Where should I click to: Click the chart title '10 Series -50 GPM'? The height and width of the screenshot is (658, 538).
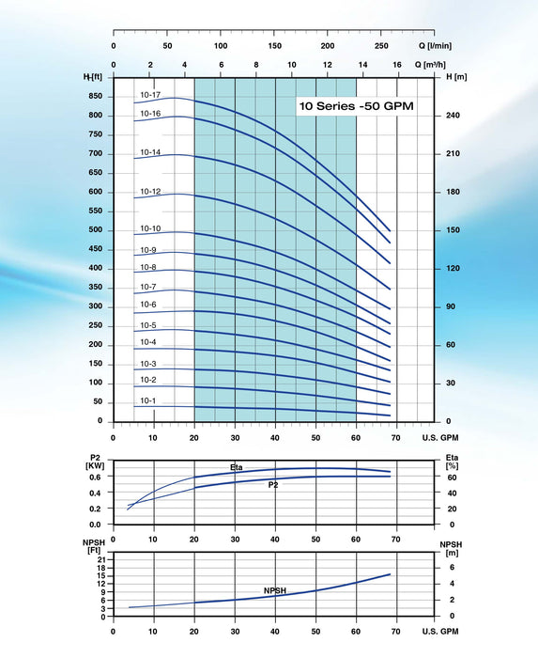(x=356, y=107)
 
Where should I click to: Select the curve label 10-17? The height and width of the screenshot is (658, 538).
(x=150, y=95)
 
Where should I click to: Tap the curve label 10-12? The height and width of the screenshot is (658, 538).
(x=150, y=192)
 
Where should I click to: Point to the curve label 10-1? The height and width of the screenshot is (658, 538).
(x=148, y=401)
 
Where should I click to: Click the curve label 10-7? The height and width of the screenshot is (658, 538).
(x=148, y=287)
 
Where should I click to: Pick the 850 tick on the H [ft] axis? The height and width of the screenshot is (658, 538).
(x=97, y=96)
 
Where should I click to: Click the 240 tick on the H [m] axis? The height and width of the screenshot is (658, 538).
(x=452, y=116)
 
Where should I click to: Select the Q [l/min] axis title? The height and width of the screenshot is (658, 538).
(x=433, y=45)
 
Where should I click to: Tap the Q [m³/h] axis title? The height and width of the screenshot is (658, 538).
(x=434, y=65)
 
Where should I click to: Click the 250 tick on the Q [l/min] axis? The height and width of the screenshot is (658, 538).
(x=381, y=45)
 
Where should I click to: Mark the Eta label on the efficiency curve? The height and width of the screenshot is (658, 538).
(x=237, y=466)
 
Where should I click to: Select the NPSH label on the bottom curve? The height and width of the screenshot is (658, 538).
(x=275, y=591)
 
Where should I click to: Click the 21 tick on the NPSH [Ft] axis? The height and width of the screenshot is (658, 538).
(x=101, y=557)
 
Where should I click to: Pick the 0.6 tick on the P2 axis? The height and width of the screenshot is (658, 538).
(x=98, y=477)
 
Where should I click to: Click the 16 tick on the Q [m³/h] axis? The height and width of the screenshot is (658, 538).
(x=397, y=65)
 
